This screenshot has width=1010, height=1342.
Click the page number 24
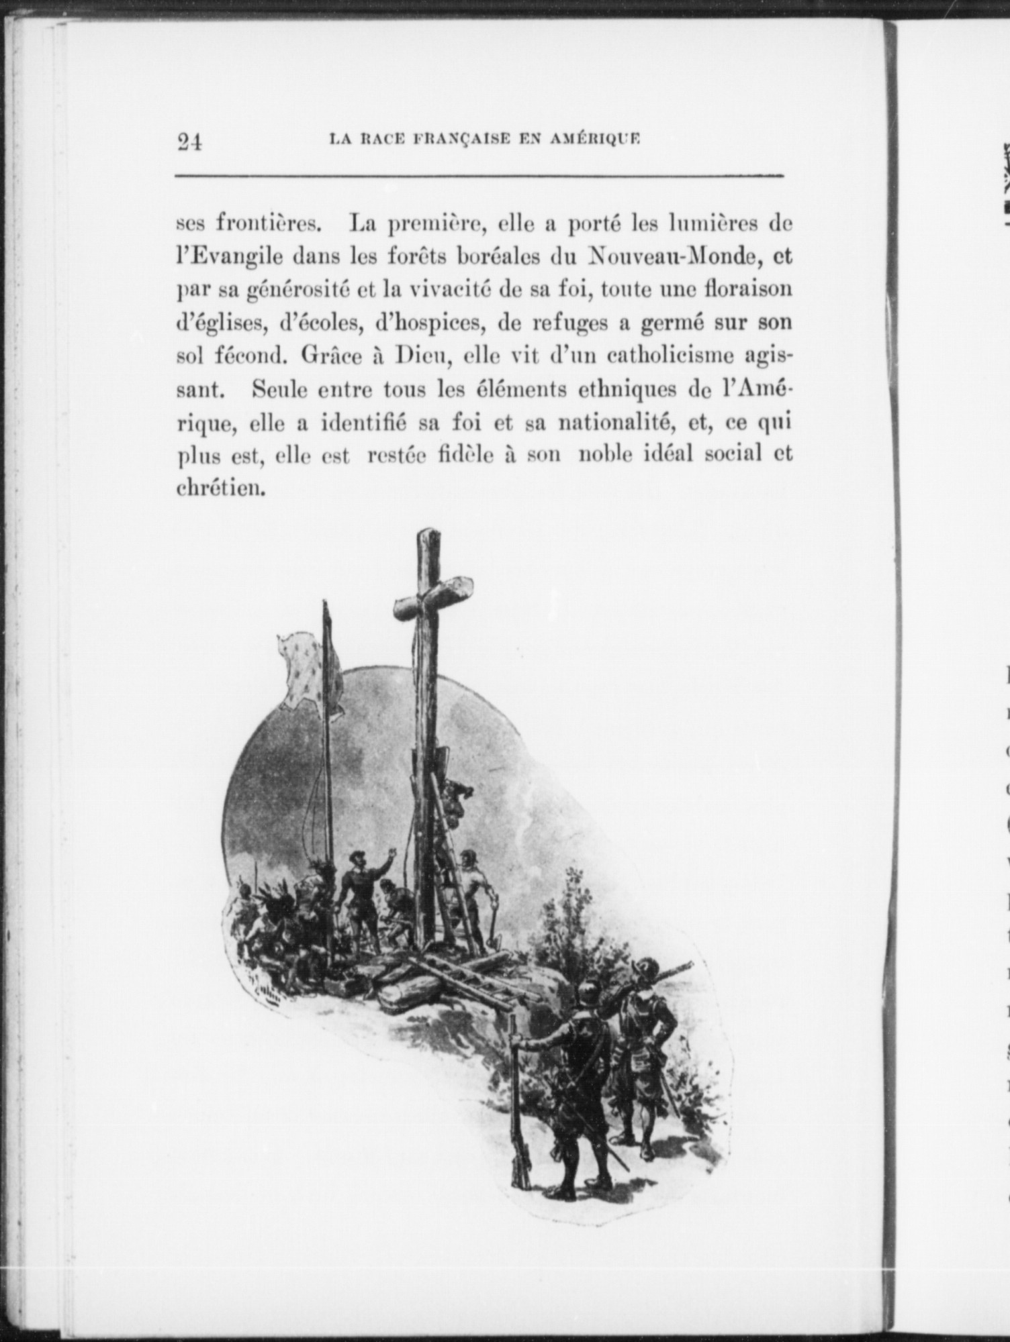[189, 142]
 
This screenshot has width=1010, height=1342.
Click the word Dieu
[420, 356]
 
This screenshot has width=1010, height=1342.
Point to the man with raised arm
[363, 886]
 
